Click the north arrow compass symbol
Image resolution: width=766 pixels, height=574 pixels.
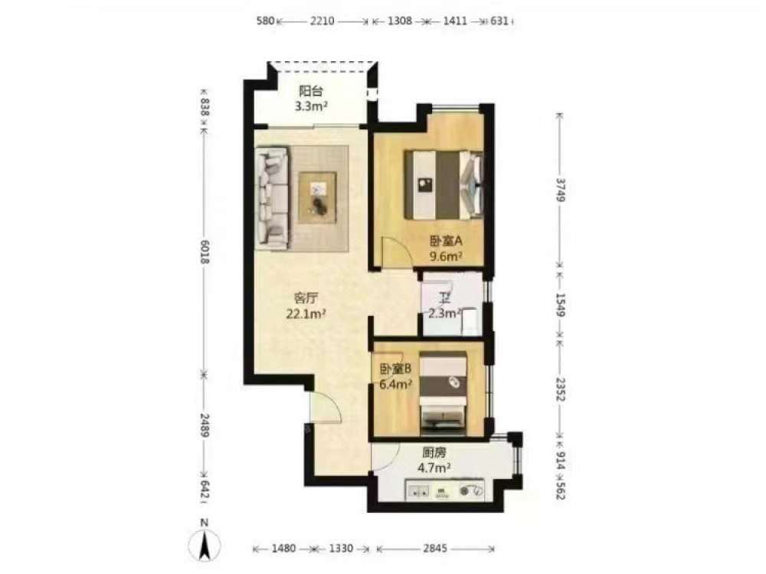click(x=205, y=542)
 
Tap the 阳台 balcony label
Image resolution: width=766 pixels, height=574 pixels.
click(x=311, y=91)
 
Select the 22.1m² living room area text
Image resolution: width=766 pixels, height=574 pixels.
click(x=306, y=314)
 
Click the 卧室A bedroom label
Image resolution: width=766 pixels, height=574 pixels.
click(x=446, y=240)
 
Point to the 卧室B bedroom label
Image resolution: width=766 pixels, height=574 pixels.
click(x=397, y=370)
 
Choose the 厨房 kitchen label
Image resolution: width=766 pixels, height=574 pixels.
click(x=434, y=452)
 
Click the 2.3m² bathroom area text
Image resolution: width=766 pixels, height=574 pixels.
click(x=444, y=313)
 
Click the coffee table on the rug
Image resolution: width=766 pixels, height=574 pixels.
click(x=318, y=197)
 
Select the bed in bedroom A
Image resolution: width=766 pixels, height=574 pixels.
click(x=444, y=185)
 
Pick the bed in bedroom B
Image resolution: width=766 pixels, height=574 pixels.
click(x=443, y=393)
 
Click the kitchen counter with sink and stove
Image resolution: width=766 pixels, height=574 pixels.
click(x=445, y=490)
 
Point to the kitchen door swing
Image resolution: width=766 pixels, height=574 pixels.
click(x=386, y=457)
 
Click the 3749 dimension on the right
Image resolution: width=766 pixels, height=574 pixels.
click(x=561, y=191)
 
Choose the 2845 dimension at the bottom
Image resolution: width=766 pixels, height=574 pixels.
click(x=435, y=549)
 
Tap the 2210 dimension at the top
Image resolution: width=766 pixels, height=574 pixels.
click(x=322, y=21)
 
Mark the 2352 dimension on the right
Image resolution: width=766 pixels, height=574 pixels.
click(x=561, y=389)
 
